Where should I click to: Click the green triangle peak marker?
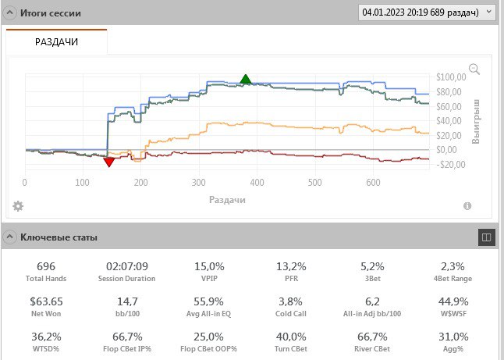246,79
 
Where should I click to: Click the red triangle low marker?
109,161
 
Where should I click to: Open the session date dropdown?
426,12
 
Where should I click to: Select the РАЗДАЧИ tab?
57,42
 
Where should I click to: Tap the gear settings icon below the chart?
18,206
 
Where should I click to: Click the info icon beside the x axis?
467,206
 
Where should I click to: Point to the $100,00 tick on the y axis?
451,77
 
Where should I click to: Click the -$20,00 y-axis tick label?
451,165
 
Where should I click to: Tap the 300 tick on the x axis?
199,183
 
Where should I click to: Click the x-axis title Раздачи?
227,200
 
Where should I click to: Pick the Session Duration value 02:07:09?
126,266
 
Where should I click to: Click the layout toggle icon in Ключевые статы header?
485,237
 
